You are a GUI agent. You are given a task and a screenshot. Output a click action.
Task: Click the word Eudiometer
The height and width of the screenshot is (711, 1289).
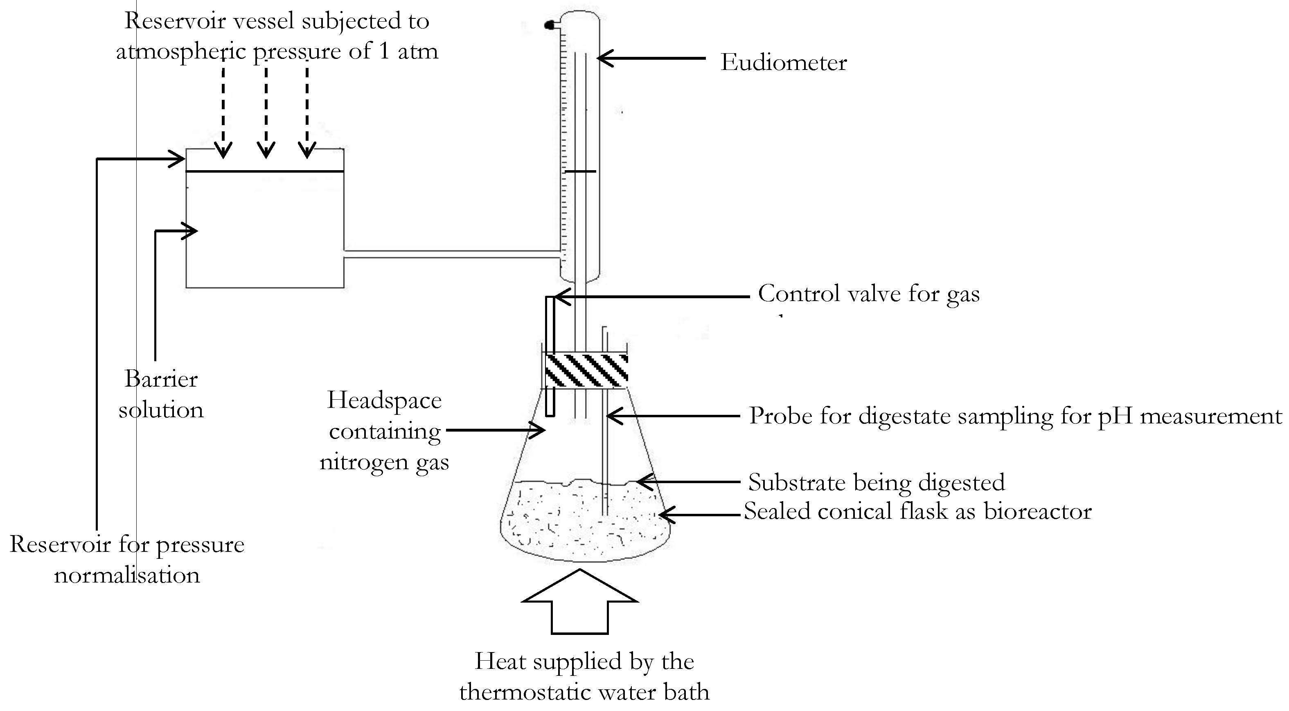pyautogui.click(x=784, y=63)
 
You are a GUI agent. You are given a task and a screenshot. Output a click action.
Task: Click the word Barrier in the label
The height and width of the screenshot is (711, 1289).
pyautogui.click(x=161, y=379)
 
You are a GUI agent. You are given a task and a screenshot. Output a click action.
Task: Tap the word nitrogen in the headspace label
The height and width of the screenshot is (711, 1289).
pyautogui.click(x=364, y=462)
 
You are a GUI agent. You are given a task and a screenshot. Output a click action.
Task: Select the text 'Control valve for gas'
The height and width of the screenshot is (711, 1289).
pyautogui.click(x=869, y=294)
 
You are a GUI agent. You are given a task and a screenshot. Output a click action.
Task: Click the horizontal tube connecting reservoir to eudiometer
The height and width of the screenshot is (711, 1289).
pyautogui.click(x=451, y=254)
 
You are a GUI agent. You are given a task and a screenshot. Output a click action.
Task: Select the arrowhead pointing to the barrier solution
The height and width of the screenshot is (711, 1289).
pyautogui.click(x=190, y=231)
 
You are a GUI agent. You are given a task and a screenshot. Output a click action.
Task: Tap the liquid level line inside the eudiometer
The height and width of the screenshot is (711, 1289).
pyautogui.click(x=580, y=172)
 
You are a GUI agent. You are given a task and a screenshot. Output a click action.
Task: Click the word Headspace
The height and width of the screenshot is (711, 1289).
pyautogui.click(x=384, y=400)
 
